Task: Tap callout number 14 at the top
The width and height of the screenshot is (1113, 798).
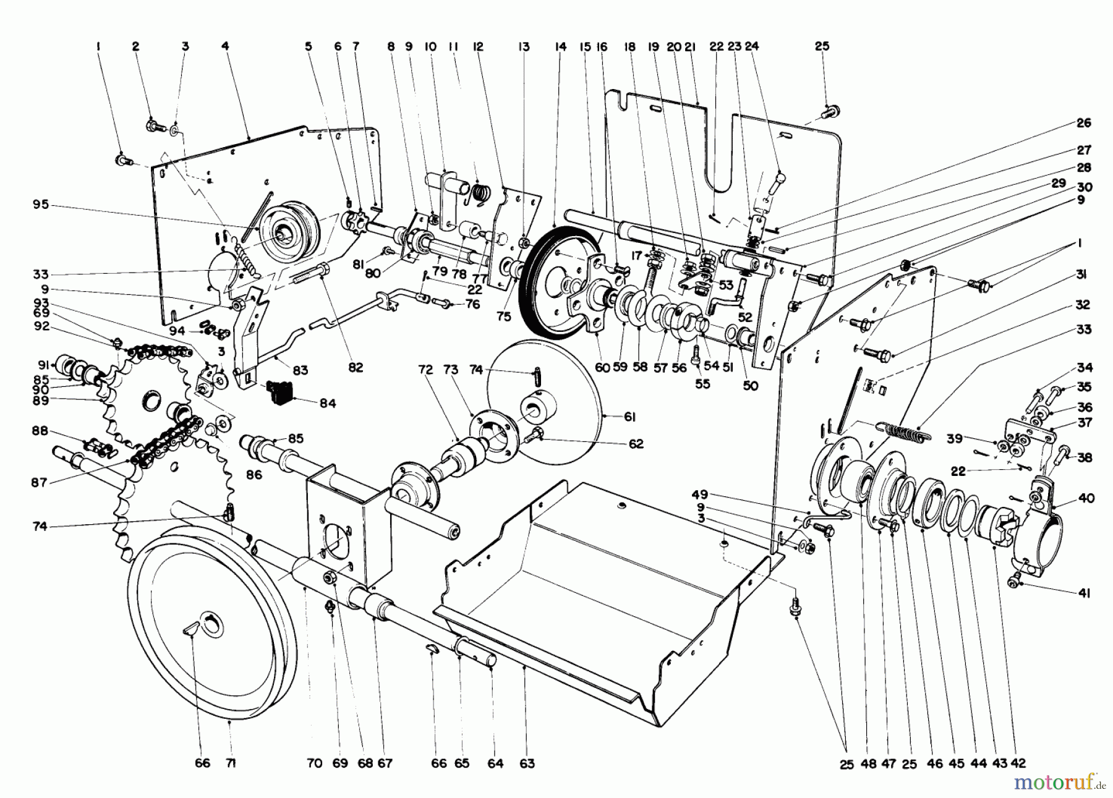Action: (561, 46)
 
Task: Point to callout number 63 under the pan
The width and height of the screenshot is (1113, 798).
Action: (527, 763)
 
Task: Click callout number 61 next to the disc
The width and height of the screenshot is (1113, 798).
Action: (629, 418)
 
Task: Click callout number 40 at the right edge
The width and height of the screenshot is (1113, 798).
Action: (1086, 498)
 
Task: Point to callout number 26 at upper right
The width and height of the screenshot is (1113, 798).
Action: (1084, 122)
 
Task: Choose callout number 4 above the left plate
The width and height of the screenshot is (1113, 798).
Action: (225, 46)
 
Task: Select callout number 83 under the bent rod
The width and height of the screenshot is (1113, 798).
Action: (301, 370)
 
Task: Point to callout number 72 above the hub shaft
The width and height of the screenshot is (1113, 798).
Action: (425, 370)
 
